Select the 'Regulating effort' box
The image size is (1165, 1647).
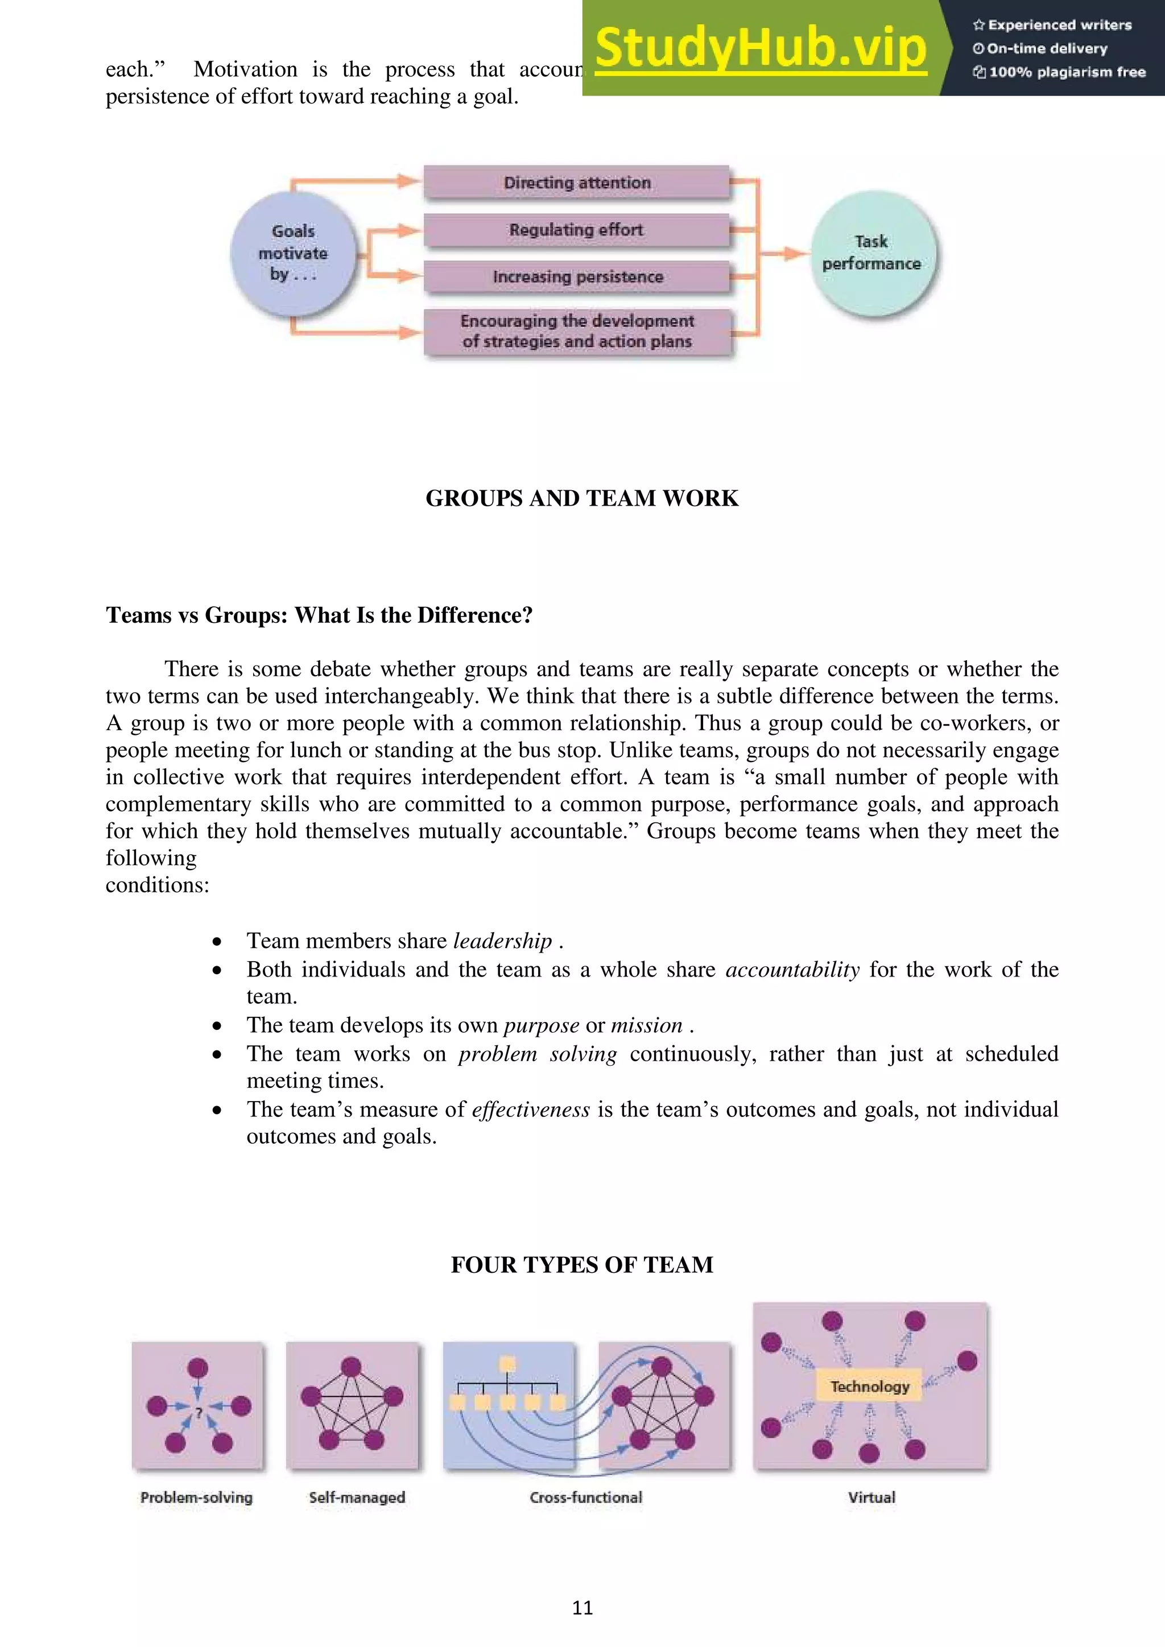[577, 230]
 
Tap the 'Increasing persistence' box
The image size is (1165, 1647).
[577, 277]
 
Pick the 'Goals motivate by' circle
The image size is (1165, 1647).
[293, 253]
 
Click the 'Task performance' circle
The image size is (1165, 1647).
[871, 253]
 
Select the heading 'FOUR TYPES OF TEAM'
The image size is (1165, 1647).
[582, 1265]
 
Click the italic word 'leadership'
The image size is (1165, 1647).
[502, 941]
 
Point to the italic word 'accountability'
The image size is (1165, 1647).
[792, 969]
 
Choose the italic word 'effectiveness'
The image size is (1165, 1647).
[530, 1109]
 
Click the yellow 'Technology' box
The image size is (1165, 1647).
[869, 1387]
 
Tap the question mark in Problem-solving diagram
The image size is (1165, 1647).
[199, 1412]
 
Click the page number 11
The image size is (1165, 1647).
[582, 1608]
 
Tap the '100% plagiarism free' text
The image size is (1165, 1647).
[1067, 72]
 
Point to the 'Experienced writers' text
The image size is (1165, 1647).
[1059, 25]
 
